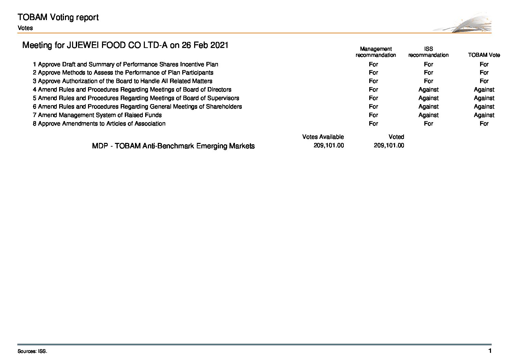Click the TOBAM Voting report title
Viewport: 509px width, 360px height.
pos(58,17)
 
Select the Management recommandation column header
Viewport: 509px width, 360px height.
pos(376,52)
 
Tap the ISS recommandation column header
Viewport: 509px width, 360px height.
pos(428,52)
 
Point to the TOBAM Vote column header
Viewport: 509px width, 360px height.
pos(484,55)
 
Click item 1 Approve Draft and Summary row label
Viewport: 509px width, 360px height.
pos(125,64)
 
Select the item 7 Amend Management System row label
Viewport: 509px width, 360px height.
pos(97,115)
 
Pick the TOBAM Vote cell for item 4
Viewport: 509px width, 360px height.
pos(484,89)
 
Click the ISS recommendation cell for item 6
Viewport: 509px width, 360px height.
pos(428,107)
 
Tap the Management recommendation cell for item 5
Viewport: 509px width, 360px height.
pos(373,98)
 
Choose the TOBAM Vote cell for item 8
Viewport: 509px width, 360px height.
pos(484,124)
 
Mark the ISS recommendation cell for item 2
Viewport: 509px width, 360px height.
pos(428,72)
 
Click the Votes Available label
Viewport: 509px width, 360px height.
pos(323,137)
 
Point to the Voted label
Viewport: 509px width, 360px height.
pos(396,137)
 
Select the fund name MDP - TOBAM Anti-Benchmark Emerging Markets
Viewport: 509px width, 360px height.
pos(173,146)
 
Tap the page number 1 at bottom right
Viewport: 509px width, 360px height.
pos(490,351)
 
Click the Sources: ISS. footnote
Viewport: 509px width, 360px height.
pos(32,351)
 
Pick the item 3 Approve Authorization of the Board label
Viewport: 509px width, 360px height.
pos(122,81)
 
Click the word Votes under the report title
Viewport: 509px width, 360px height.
pos(25,28)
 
